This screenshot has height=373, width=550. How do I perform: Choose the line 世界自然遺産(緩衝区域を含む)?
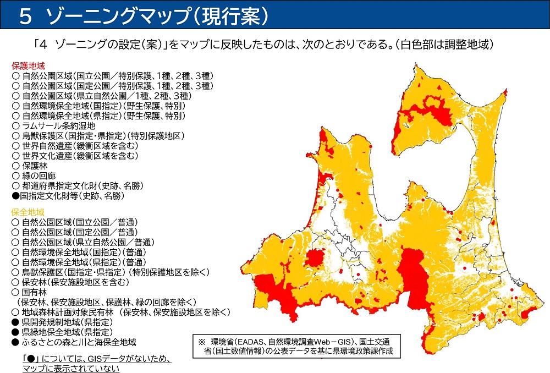tap(75, 146)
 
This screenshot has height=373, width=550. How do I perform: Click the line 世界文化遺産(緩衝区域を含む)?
tap(75, 156)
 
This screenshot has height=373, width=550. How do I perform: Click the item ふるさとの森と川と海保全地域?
tap(74, 342)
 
